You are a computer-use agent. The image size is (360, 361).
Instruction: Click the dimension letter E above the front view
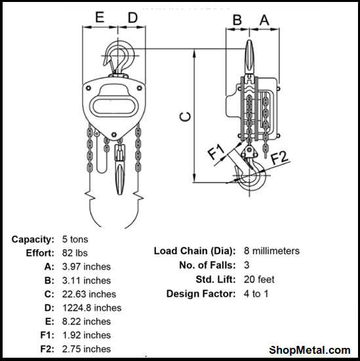click(100, 18)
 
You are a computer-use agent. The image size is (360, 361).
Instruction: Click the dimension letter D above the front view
click(133, 18)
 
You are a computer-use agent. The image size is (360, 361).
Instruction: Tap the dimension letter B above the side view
click(238, 20)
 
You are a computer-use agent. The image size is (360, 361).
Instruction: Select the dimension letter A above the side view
click(264, 20)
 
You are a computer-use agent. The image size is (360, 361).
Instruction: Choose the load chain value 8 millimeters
click(271, 251)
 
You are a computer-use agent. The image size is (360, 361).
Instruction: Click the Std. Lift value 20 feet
click(258, 280)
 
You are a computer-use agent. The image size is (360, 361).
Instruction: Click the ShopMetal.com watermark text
click(310, 350)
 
